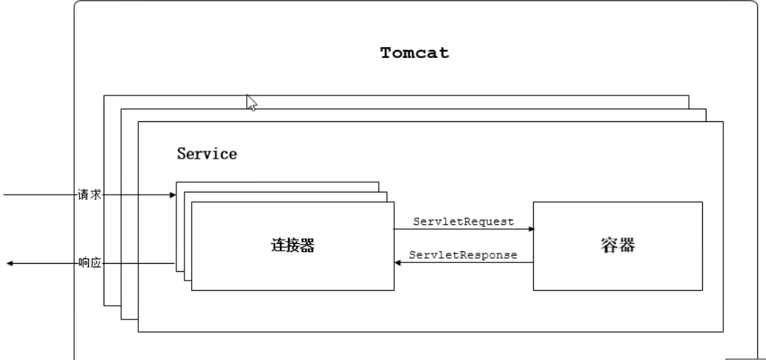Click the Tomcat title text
[415, 54]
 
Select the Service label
[207, 154]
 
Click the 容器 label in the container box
[617, 246]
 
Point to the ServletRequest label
[463, 221]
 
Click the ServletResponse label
[463, 255]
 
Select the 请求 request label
[89, 195]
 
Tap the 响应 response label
[89, 263]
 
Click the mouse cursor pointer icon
[251, 102]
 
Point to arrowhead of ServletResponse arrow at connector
[398, 263]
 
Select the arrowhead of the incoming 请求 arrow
[173, 195]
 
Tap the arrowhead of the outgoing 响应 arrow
[10, 263]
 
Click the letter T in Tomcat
[385, 54]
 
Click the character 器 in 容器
[626, 246]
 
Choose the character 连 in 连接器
[271, 246]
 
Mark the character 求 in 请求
[95, 195]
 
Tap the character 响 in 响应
[84, 263]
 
